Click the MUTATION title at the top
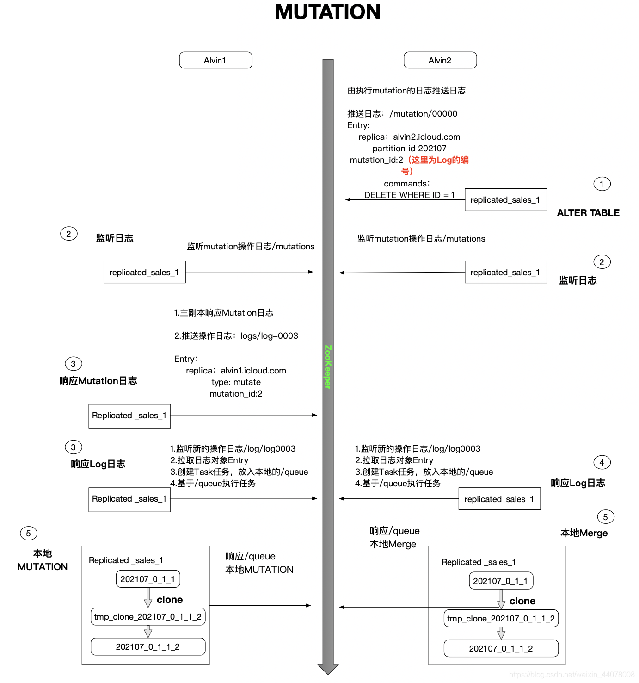pyautogui.click(x=327, y=12)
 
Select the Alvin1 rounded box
pyautogui.click(x=215, y=60)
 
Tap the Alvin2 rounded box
pyautogui.click(x=440, y=60)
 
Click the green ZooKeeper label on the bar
pyautogui.click(x=328, y=366)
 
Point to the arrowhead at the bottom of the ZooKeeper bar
pyautogui.click(x=328, y=669)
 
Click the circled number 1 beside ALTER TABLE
pyautogui.click(x=602, y=184)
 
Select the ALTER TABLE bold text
pyautogui.click(x=588, y=213)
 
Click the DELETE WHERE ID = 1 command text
pyautogui.click(x=409, y=195)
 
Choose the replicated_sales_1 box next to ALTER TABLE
pyautogui.click(x=505, y=200)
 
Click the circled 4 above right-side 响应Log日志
pyautogui.click(x=602, y=462)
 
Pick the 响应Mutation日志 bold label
pyautogui.click(x=98, y=381)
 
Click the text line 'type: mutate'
pyautogui.click(x=236, y=382)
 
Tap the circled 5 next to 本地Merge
pyautogui.click(x=605, y=517)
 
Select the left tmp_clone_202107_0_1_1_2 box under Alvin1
pyautogui.click(x=147, y=616)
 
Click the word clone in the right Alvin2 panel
pyautogui.click(x=522, y=601)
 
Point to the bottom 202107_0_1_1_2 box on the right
pyautogui.click(x=501, y=648)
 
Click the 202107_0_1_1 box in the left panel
pyautogui.click(x=147, y=579)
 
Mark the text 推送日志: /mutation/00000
pyautogui.click(x=402, y=114)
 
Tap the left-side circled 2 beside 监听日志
pyautogui.click(x=68, y=234)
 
